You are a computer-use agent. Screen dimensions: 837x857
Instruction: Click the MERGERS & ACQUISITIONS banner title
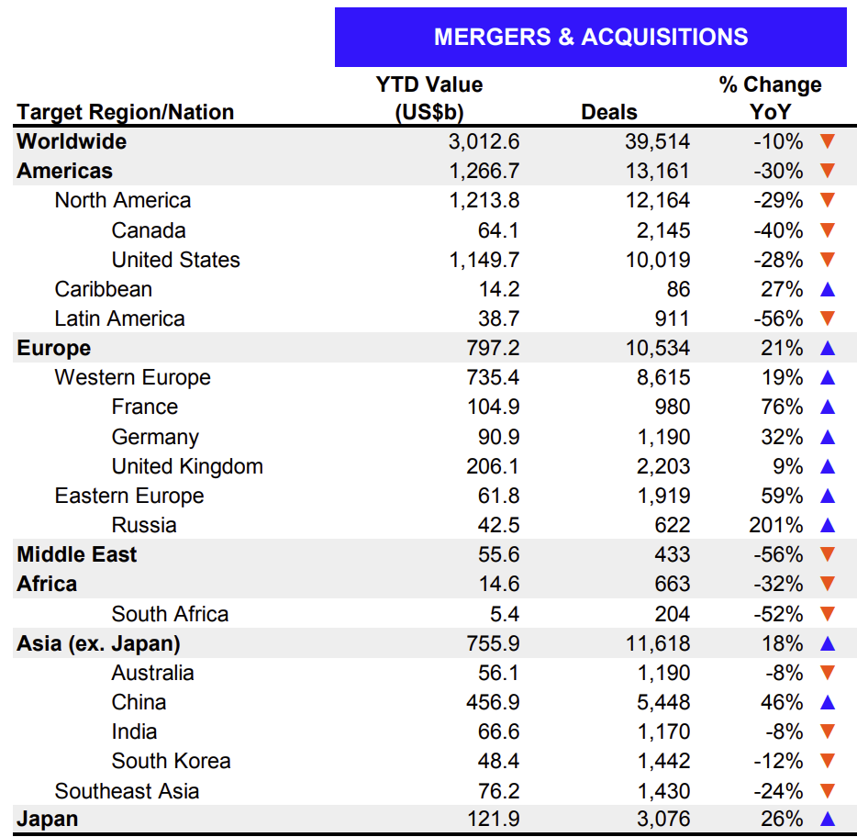[x=590, y=37]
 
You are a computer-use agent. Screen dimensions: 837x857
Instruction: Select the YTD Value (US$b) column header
[x=428, y=98]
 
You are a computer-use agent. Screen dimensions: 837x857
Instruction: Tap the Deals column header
[x=609, y=112]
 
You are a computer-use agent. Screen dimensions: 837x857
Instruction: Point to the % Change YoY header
[x=770, y=98]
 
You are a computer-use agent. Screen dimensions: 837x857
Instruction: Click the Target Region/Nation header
[x=126, y=112]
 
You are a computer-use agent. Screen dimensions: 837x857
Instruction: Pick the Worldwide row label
[x=72, y=141]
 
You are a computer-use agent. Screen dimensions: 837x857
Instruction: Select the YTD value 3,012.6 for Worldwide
[x=484, y=141]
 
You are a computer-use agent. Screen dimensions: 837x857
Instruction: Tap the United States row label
[x=175, y=260]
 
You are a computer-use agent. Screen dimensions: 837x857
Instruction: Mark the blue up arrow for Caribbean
[x=827, y=289]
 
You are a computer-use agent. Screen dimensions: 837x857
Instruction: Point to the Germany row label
[x=155, y=437]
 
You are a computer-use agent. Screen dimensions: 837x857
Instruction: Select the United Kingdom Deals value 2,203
[x=660, y=466]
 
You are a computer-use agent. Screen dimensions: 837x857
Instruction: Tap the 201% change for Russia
[x=776, y=525]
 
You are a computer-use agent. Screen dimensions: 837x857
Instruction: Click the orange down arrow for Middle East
[x=827, y=554]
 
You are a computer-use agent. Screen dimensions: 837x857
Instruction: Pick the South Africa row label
[x=170, y=614]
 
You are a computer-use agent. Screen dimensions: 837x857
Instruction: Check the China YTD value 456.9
[x=492, y=702]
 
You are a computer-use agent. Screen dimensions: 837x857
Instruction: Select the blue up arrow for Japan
[x=827, y=820]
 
